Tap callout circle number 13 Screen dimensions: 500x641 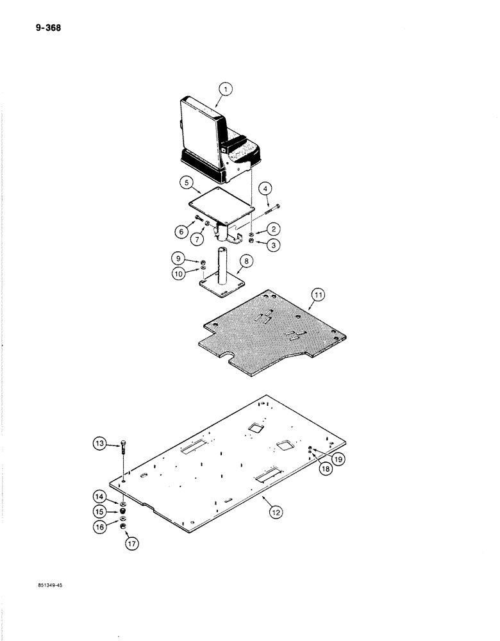[x=101, y=444]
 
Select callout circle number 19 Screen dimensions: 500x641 [x=337, y=459]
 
